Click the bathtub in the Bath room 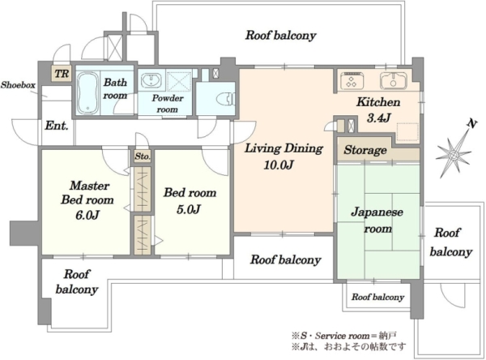point(88,92)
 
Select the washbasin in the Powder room point(151,80)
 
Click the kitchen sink point(394,81)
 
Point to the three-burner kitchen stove point(352,80)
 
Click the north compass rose point(454,154)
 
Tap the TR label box point(62,74)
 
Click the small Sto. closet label point(143,156)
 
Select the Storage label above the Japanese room point(365,150)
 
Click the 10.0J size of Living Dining point(279,165)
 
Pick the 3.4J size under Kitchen point(378,118)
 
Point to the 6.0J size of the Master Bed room point(87,215)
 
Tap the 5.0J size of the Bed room point(189,209)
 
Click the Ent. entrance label point(57,126)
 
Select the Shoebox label point(18,84)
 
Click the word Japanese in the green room point(377,212)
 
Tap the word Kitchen point(378,102)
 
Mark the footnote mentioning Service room point(344,336)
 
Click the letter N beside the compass point(471,124)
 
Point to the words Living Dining point(284,148)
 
